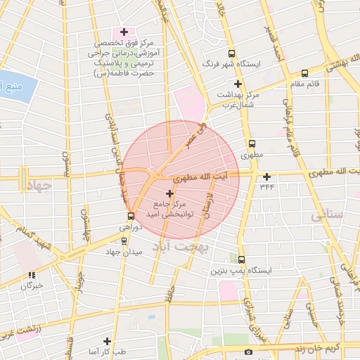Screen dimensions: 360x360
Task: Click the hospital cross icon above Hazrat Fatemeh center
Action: point(124,32)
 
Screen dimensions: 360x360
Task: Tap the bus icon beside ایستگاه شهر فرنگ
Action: point(231,53)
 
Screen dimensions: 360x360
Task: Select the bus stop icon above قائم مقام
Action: point(304,73)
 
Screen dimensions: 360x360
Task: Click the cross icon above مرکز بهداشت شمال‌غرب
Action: point(238,84)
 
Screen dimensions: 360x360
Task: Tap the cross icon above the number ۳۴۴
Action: point(266,176)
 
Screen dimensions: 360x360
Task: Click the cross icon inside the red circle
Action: point(169,193)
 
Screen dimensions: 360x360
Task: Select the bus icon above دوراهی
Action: point(131,217)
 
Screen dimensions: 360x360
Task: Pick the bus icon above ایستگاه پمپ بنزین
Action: point(241,259)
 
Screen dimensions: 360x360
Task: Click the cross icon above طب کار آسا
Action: point(107,340)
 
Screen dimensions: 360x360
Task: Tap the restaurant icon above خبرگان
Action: point(31,275)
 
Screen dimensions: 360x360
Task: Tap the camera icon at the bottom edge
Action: point(247,352)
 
